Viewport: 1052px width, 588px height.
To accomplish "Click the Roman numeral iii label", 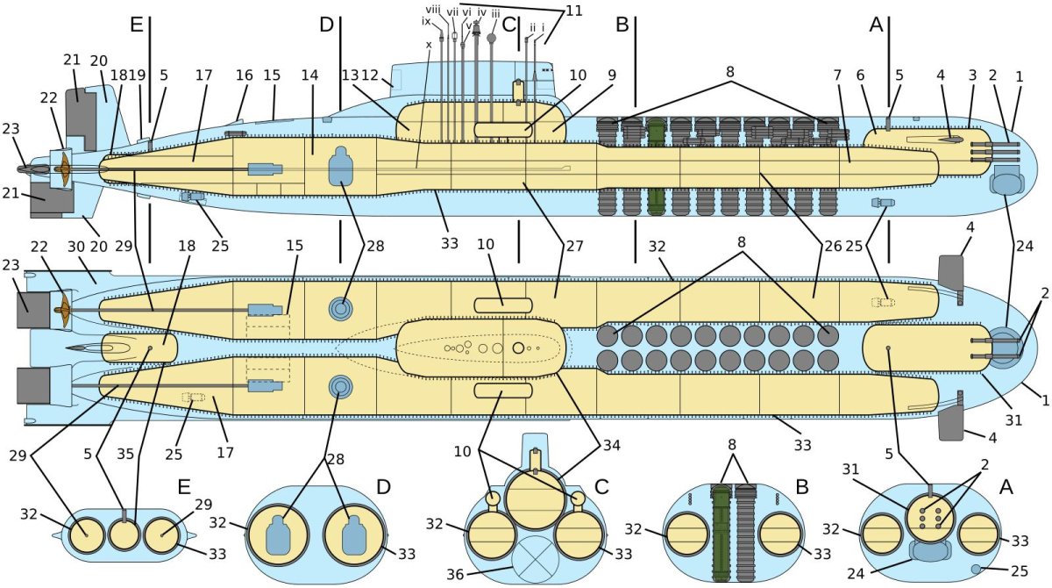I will pyautogui.click(x=495, y=14).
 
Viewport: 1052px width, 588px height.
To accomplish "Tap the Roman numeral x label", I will pyautogui.click(x=429, y=45).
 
